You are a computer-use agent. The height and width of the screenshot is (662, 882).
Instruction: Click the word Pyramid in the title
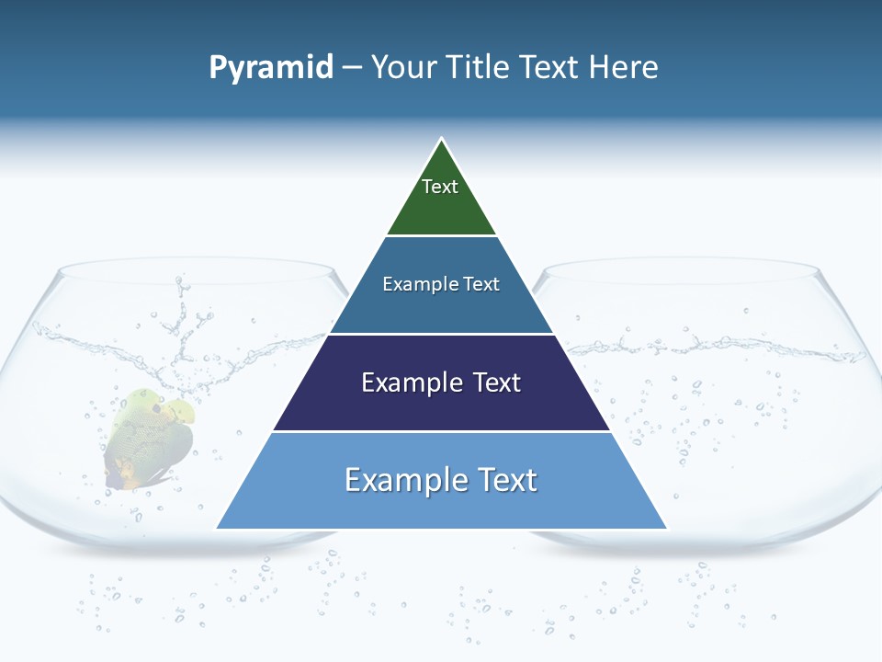coord(271,68)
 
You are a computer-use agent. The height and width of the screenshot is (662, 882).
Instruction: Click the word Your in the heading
coord(402,67)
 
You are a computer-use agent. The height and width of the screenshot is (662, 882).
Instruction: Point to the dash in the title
coord(351,68)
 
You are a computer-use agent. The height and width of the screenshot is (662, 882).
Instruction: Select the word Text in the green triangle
coord(440,187)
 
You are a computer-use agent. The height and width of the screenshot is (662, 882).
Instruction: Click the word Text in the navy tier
coord(495,382)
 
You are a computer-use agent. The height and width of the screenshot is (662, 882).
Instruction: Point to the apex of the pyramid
coord(442,139)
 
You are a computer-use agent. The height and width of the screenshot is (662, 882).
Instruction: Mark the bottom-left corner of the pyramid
coord(217,528)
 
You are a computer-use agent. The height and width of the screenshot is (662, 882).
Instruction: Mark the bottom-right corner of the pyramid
coord(666,528)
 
